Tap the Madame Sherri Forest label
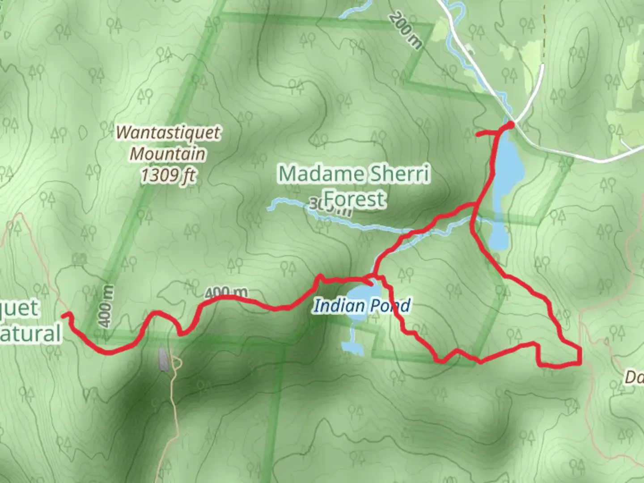pyautogui.click(x=354, y=185)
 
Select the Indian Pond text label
pyautogui.click(x=361, y=306)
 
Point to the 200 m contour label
pyautogui.click(x=405, y=30)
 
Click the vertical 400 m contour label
pyautogui.click(x=106, y=307)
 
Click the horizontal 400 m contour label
pyautogui.click(x=226, y=293)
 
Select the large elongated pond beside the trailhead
pyautogui.click(x=508, y=165)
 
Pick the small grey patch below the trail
pyautogui.click(x=163, y=360)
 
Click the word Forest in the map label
pyautogui.click(x=354, y=199)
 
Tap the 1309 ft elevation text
pyautogui.click(x=168, y=174)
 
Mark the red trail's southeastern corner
pyautogui.click(x=580, y=363)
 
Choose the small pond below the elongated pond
pyautogui.click(x=499, y=236)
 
